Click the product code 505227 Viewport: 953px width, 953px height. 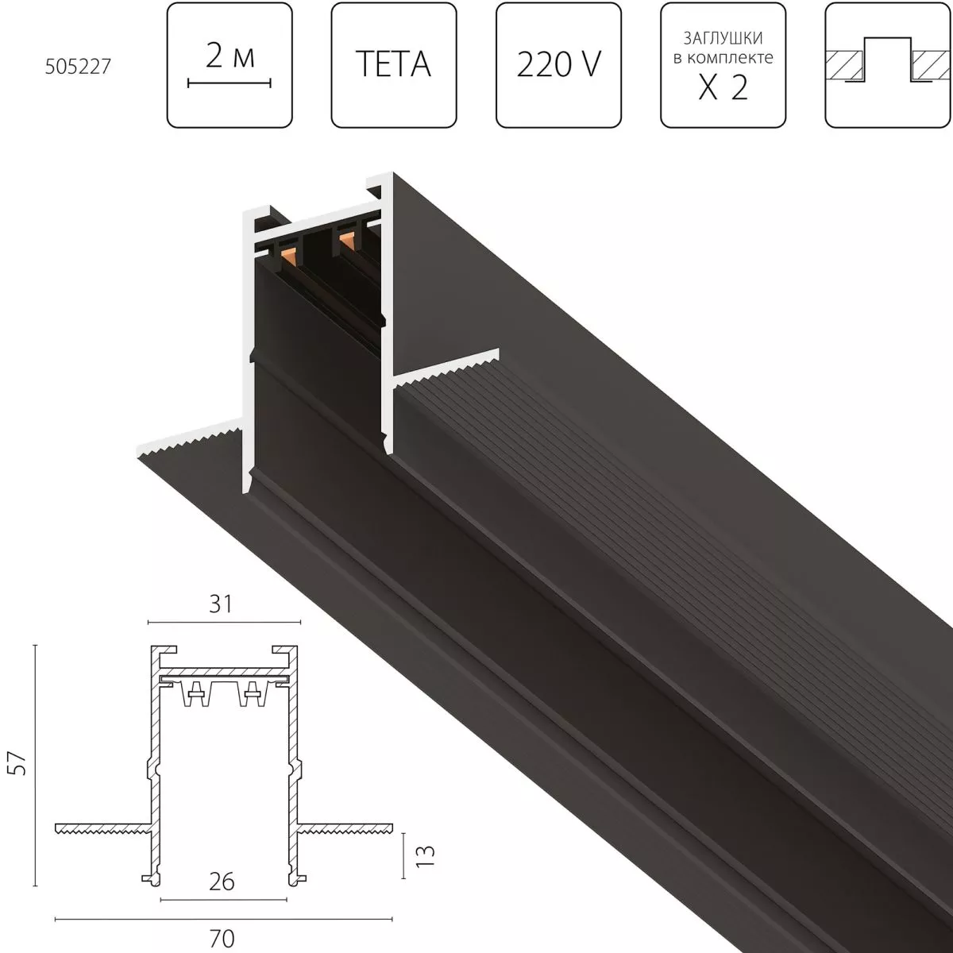coord(77,66)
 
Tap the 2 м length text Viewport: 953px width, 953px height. coord(230,56)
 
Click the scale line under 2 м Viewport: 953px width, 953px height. coord(230,82)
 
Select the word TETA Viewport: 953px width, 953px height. coord(393,64)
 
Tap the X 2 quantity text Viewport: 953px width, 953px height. coord(723,87)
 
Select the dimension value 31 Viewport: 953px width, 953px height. coord(222,604)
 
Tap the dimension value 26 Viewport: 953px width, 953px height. coord(222,882)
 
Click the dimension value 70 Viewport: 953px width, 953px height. coord(222,938)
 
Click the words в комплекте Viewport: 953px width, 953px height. coord(723,58)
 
